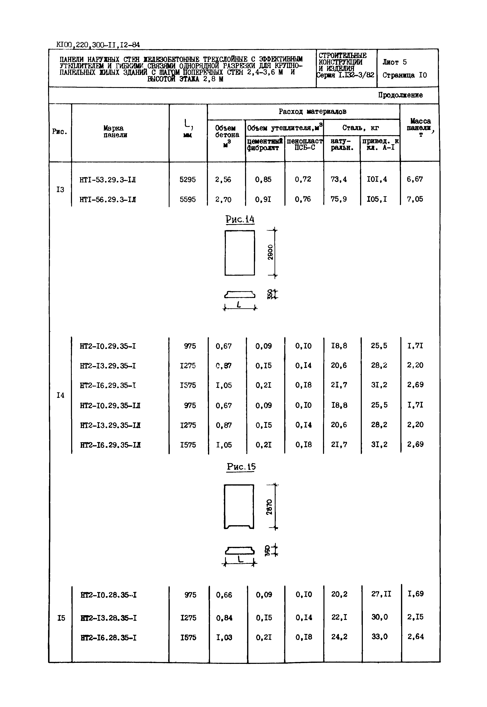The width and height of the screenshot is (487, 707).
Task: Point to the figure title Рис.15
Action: coord(241,467)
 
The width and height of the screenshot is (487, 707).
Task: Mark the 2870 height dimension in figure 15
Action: coord(269,507)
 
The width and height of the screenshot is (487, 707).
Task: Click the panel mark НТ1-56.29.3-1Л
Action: coord(108,199)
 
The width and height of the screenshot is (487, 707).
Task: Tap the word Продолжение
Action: coord(400,95)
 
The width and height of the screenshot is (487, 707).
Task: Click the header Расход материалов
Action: coord(312,112)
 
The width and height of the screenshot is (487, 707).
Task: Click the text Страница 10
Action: coord(405,75)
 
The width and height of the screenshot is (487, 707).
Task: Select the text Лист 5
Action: coord(395,62)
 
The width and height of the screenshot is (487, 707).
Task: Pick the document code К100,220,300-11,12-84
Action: coord(98,45)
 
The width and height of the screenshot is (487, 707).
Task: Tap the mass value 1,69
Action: coord(415,594)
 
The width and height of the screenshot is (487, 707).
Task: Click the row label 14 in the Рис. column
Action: coord(60,395)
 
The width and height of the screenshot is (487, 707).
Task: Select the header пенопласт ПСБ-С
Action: coord(304,144)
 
